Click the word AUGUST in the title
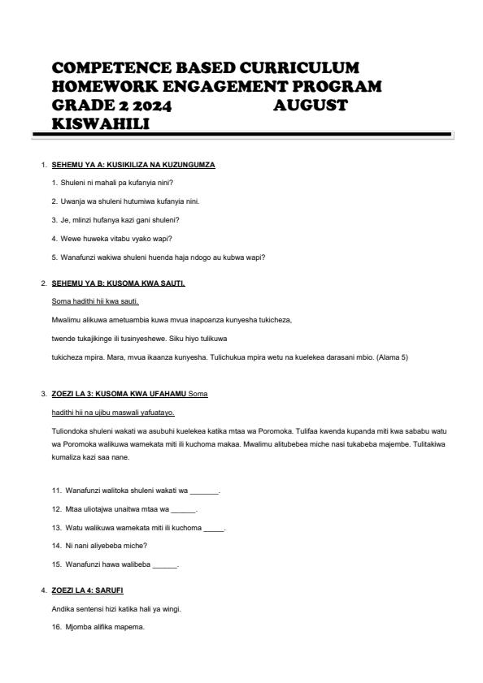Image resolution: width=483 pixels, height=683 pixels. click(x=311, y=106)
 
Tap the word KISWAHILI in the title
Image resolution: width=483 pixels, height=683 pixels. click(x=101, y=123)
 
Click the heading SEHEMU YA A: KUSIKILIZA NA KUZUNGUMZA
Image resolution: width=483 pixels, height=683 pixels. click(x=133, y=165)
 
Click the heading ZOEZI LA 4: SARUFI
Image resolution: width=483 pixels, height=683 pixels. click(x=87, y=588)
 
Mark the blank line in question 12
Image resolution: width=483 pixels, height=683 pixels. click(x=184, y=510)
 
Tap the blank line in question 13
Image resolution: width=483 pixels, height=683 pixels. click(x=213, y=528)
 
